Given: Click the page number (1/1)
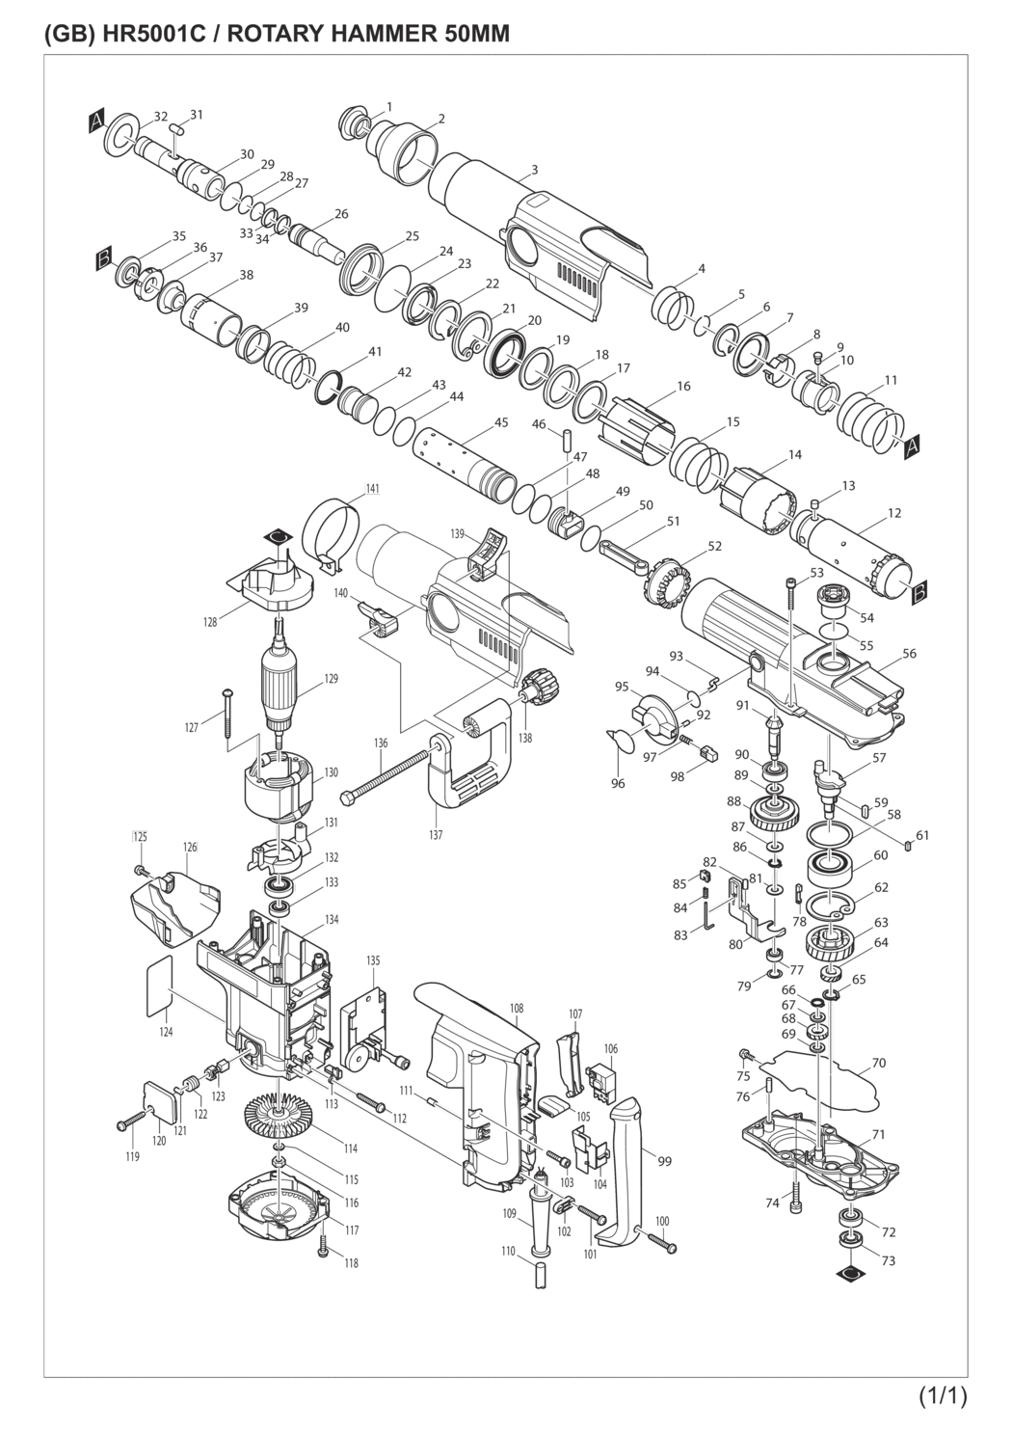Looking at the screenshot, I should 943,1395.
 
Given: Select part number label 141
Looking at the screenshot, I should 371,490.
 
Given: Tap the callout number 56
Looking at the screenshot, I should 910,654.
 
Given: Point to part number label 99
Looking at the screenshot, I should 665,1161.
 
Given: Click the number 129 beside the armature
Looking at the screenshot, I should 331,679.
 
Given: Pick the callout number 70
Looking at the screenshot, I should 878,1064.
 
